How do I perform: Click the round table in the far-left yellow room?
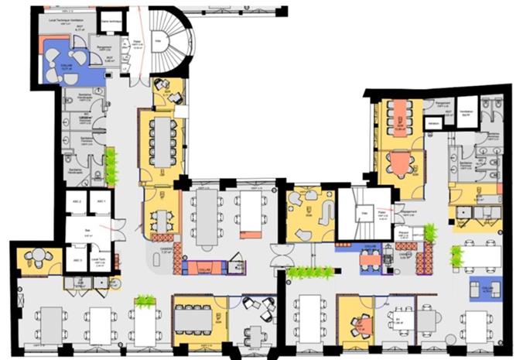coord(36,258)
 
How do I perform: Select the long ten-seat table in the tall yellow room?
coord(161,141)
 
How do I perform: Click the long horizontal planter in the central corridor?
coord(309,272)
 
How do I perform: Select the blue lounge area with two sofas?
coord(484,288)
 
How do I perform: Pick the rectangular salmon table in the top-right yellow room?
coord(401,115)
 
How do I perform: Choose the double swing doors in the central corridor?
coord(279,252)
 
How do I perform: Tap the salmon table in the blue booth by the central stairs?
coord(371,259)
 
